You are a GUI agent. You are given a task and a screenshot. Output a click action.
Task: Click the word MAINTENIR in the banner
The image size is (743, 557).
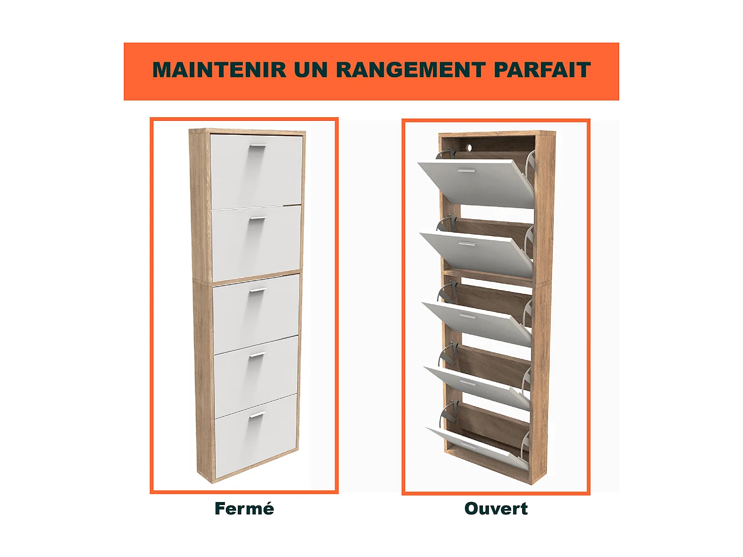pyautogui.click(x=219, y=70)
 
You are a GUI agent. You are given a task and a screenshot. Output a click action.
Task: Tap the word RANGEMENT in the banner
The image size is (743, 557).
pyautogui.click(x=410, y=70)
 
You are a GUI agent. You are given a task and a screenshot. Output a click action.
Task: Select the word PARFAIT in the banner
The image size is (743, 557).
pyautogui.click(x=542, y=70)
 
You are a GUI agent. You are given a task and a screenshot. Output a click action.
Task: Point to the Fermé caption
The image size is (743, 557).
pyautogui.click(x=244, y=508)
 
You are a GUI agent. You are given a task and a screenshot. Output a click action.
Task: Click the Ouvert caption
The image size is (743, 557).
pyautogui.click(x=496, y=508)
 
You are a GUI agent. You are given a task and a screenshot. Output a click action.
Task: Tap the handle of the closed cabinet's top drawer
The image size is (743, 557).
pyautogui.click(x=258, y=147)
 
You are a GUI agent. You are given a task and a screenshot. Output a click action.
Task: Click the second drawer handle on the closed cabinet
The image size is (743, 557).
pyautogui.click(x=257, y=219)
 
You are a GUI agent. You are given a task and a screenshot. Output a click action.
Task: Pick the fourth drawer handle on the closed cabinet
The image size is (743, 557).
pyautogui.click(x=257, y=355)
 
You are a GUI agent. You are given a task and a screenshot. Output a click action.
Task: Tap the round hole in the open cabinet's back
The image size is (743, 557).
pyautogui.click(x=468, y=147)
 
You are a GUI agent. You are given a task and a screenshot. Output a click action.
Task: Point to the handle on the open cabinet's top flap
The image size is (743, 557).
pyautogui.click(x=466, y=171)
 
